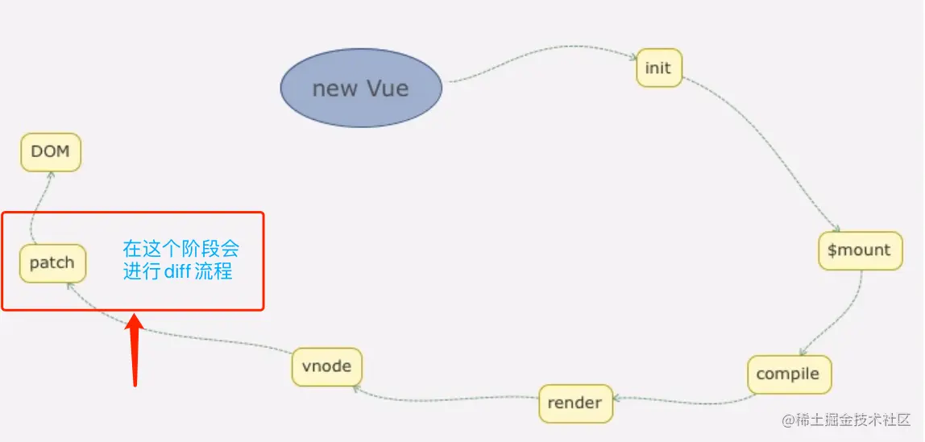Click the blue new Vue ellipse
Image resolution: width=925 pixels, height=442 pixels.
pos(361,88)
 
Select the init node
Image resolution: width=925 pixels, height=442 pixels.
pos(658,68)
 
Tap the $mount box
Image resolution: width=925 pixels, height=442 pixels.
pos(859,250)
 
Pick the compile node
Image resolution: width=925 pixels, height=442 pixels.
pos(788,374)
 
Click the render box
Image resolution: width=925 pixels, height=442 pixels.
pos(575,403)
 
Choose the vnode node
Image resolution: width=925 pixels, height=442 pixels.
pos(326,366)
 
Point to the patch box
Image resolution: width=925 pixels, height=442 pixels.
pos(52,262)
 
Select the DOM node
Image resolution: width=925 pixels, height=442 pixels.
pos(51,151)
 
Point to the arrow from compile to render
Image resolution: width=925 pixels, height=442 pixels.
pos(685,400)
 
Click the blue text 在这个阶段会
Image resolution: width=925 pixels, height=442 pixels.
pos(180,248)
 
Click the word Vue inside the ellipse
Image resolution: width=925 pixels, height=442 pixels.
pos(388,88)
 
